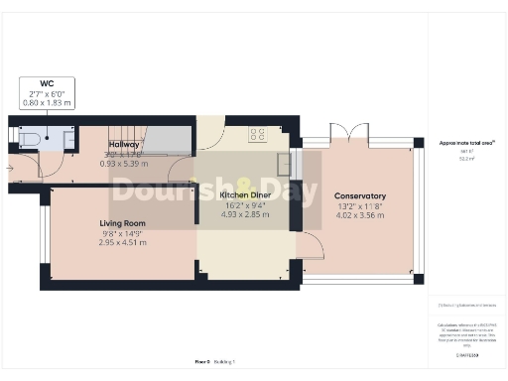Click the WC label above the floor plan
point(47,83)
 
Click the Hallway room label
point(124,144)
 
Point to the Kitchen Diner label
point(246,195)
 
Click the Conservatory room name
point(360,195)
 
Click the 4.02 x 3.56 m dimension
point(360,214)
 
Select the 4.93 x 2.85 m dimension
point(246,214)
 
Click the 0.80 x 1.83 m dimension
point(47,102)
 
